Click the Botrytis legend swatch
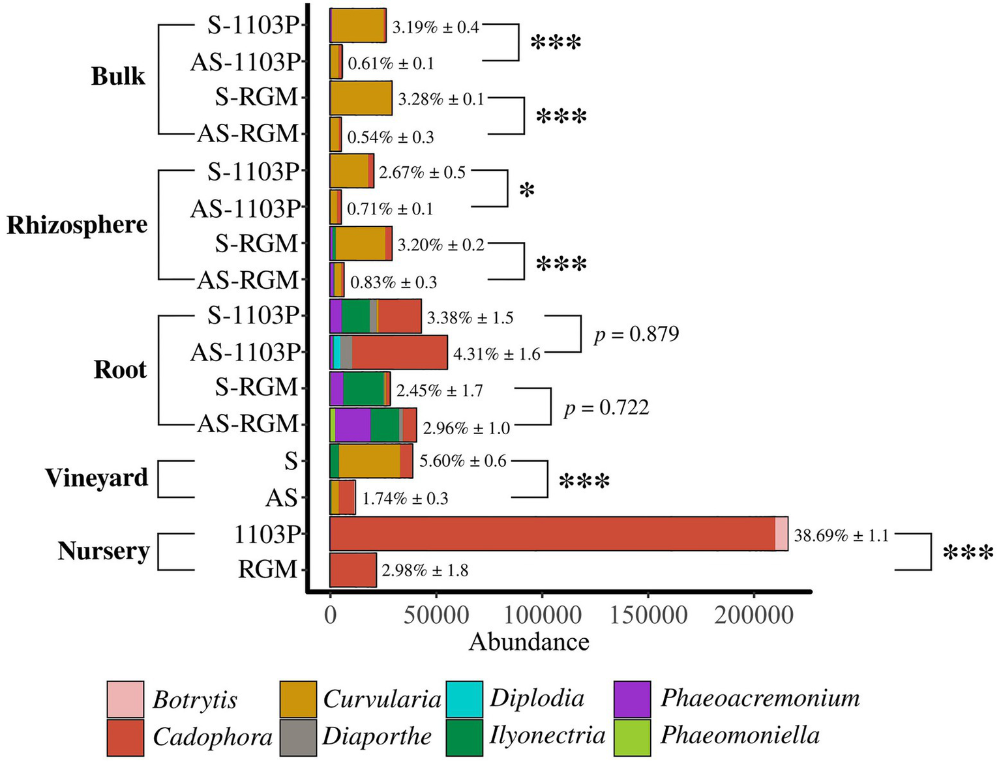[x=125, y=699]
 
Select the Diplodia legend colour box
[x=465, y=699]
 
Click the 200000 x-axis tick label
[x=754, y=615]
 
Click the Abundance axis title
[x=529, y=642]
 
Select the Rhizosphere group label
[x=77, y=225]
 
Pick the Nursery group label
[x=104, y=551]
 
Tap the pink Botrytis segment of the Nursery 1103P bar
[x=781, y=534]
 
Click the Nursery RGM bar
[x=353, y=570]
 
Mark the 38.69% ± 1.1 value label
[x=841, y=536]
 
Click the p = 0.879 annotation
[x=636, y=334]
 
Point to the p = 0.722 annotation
[x=606, y=408]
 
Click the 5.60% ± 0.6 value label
[x=462, y=461]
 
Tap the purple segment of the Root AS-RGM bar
[x=353, y=425]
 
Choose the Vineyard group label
[x=97, y=478]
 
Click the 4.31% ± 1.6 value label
[x=496, y=354]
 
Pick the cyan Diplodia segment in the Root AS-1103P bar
[x=336, y=353]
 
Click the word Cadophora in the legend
[x=213, y=737]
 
